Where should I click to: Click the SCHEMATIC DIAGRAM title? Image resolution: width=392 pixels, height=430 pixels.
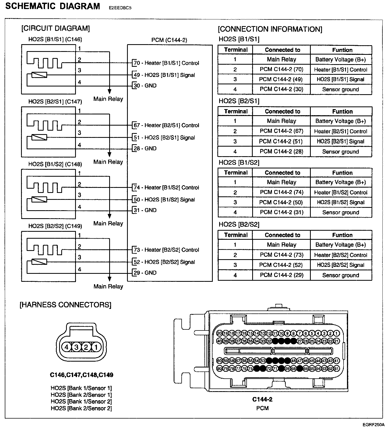(x=52, y=6)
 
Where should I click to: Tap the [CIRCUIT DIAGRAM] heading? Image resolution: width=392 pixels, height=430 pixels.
(x=55, y=28)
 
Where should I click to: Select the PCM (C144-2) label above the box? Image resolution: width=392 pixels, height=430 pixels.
(x=169, y=40)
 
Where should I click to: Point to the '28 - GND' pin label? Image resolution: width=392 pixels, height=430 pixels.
(x=145, y=148)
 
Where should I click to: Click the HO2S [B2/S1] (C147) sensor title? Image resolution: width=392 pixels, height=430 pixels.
(x=55, y=102)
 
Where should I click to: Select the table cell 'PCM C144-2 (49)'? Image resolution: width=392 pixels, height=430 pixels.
(x=281, y=79)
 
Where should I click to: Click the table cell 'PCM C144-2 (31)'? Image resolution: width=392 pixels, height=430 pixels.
(x=281, y=212)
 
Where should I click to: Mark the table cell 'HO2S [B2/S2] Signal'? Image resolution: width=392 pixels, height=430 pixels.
(x=341, y=265)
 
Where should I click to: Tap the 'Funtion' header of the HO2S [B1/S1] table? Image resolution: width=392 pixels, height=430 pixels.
(x=342, y=50)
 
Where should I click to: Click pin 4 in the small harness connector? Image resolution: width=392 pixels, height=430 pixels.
(x=67, y=347)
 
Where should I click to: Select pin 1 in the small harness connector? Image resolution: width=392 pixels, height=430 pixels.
(x=96, y=347)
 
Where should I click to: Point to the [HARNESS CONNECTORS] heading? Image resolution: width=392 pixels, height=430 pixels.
(x=66, y=305)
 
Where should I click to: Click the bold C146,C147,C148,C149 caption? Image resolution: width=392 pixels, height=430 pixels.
(x=81, y=375)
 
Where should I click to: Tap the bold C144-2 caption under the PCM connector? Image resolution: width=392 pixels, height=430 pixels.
(x=262, y=399)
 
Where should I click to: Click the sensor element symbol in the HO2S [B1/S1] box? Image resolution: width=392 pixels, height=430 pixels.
(x=39, y=75)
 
